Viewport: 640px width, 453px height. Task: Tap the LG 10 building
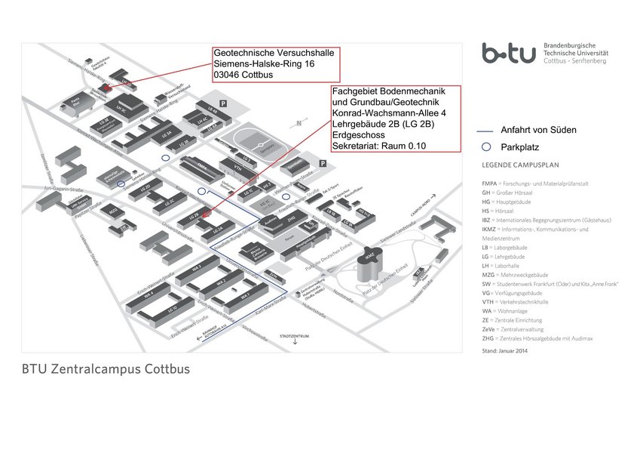click(x=173, y=309)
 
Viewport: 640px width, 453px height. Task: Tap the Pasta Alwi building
click(x=75, y=100)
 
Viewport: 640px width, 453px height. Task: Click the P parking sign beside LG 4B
click(x=222, y=102)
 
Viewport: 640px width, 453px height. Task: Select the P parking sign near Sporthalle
click(x=322, y=162)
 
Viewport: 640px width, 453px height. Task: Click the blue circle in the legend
click(x=487, y=146)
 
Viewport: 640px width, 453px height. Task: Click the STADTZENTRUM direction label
click(x=295, y=335)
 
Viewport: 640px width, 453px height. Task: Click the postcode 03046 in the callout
click(x=229, y=75)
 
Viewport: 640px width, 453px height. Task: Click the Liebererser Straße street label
click(x=89, y=249)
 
